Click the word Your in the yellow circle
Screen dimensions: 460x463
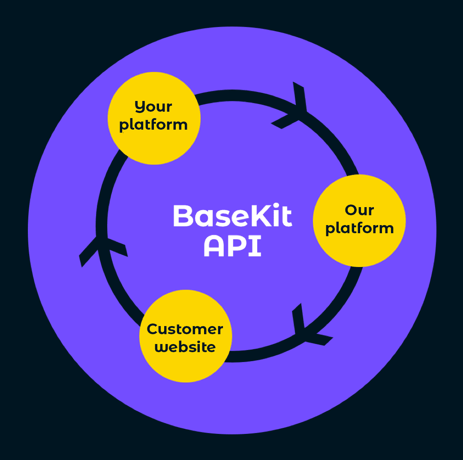153,107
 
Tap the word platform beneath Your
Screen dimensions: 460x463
153,125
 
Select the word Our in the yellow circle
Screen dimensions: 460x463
359,210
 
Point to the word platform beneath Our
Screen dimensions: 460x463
359,228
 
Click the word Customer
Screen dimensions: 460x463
185,329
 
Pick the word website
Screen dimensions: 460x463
185,347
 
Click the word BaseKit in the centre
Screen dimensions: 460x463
232,216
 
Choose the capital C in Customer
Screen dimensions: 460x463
153,329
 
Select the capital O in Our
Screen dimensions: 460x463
351,210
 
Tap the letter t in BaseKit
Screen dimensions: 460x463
287,216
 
